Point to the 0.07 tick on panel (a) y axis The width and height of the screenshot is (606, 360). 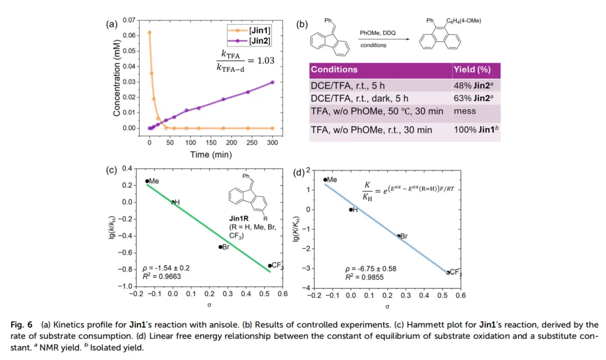tap(128, 20)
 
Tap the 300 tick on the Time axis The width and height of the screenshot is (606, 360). tap(273, 143)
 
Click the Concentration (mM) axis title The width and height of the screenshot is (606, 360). tap(117, 74)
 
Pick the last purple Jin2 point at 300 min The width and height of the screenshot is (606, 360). tap(273, 82)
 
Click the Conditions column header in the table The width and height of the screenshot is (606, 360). tap(334, 70)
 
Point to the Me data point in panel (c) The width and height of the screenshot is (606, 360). tap(147, 181)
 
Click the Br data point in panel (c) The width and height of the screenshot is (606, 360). tap(221, 247)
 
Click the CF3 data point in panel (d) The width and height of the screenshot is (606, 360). tap(447, 273)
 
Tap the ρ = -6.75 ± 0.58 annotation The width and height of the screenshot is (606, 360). tap(371, 269)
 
